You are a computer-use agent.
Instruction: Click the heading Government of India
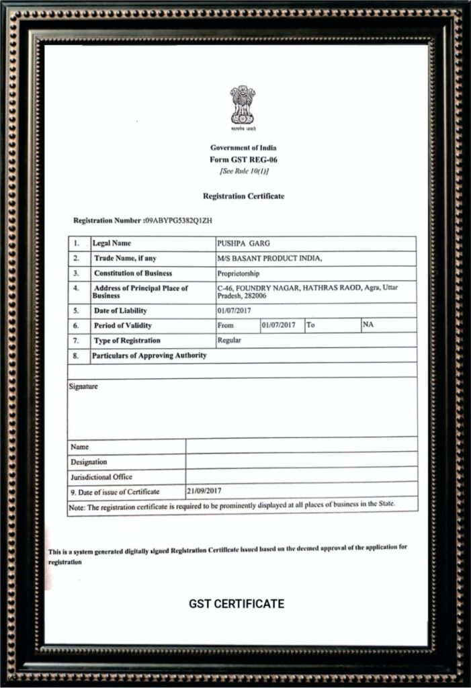tap(243, 148)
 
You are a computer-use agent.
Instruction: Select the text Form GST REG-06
tap(243, 160)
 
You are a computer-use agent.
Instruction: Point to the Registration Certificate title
tap(243, 196)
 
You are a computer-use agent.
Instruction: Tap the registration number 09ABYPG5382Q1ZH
tap(179, 220)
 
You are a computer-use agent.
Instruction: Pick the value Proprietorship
tap(238, 273)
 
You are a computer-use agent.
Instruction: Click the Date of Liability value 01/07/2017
tap(233, 311)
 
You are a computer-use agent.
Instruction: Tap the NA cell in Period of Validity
tap(368, 325)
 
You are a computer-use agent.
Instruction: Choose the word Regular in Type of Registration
tap(229, 340)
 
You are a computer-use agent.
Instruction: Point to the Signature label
tap(83, 386)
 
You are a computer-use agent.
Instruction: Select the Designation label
tap(89, 462)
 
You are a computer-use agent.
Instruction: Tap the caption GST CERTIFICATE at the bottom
tap(236, 603)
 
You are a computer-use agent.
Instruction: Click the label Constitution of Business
tap(132, 273)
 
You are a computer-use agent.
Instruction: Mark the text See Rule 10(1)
tap(244, 171)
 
